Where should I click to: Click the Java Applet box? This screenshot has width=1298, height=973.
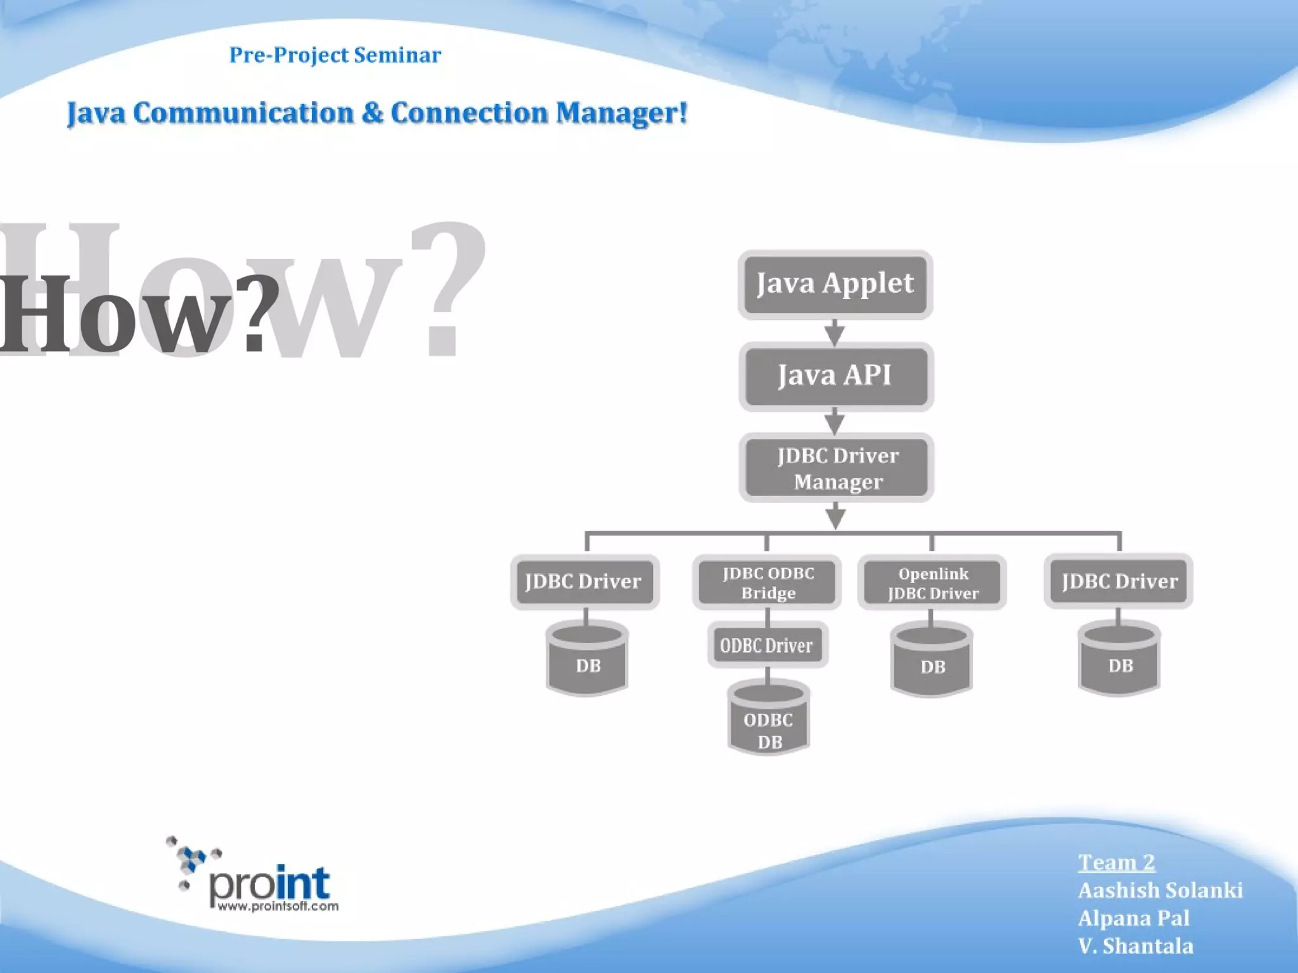[x=835, y=284]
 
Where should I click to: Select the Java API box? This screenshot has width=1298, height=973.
[x=835, y=376]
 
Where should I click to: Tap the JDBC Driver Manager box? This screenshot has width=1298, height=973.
[x=837, y=468]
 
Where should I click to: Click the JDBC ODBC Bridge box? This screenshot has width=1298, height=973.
[x=767, y=582]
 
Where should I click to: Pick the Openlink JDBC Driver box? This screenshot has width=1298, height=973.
[x=932, y=583]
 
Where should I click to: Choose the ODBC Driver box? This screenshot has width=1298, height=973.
[x=767, y=645]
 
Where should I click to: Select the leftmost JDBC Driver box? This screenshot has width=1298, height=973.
[x=584, y=582]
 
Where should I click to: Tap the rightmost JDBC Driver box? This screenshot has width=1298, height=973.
[x=1119, y=582]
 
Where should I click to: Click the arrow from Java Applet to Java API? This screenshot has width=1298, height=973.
[x=835, y=332]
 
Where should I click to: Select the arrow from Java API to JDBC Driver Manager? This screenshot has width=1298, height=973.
[x=835, y=421]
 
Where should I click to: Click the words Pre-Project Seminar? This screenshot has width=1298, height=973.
[x=335, y=55]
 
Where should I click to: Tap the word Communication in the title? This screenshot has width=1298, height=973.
[x=243, y=113]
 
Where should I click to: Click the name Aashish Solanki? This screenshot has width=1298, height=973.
[x=1160, y=891]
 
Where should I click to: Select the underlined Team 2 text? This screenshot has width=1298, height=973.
[x=1116, y=862]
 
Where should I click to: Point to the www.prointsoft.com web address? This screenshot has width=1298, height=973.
[x=278, y=906]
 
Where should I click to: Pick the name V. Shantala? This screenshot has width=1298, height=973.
[x=1135, y=946]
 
